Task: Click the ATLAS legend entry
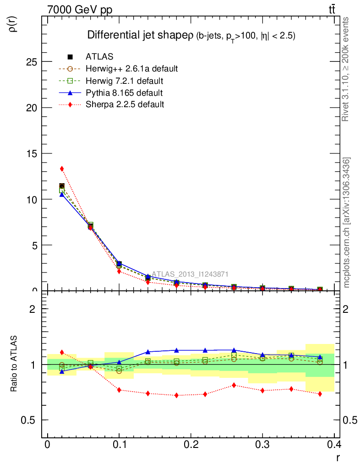pos(99,57)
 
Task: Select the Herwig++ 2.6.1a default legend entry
pos(131,69)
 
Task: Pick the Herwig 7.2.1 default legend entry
pos(124,81)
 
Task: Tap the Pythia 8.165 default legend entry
pos(124,93)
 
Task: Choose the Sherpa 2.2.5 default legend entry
pos(125,104)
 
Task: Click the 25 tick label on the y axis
pos(31,62)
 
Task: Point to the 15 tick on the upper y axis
pos(31,153)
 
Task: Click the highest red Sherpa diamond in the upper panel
pos(62,169)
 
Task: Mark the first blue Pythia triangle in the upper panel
pos(62,195)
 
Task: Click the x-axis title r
pos(338,457)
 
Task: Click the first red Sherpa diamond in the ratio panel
pos(62,352)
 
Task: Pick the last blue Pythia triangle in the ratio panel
pos(320,357)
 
